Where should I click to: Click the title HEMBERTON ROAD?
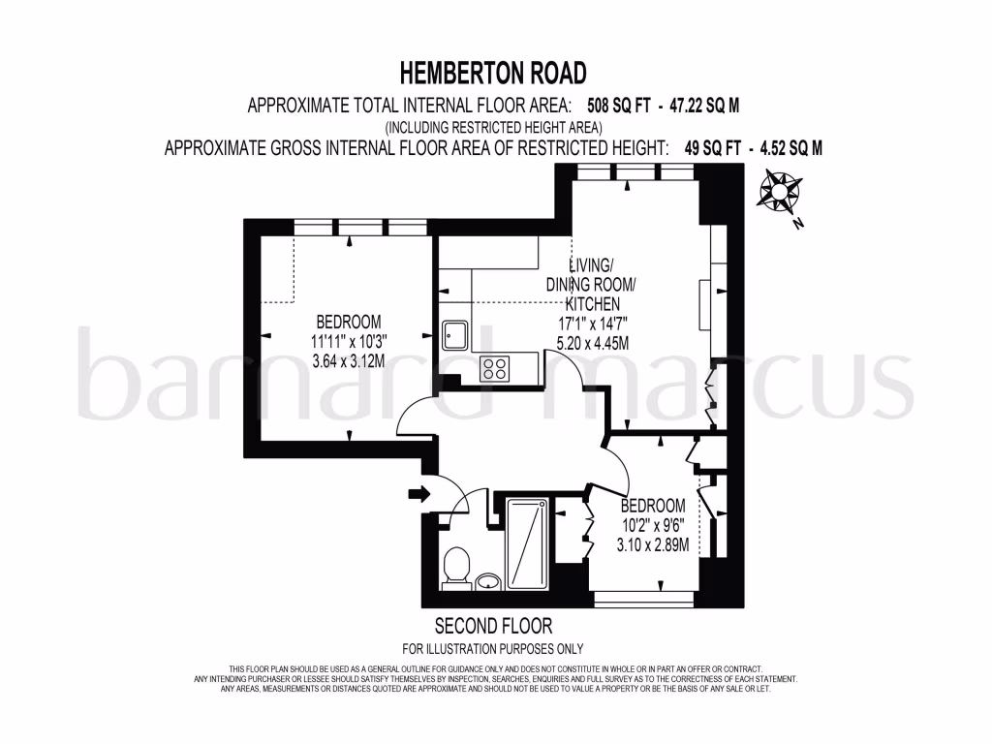[x=493, y=73]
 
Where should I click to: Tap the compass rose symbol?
[x=778, y=190]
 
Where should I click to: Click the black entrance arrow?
[x=418, y=495]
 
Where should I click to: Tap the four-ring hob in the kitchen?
[x=496, y=367]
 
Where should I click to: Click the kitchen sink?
[x=453, y=335]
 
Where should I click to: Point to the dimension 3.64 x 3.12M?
[x=348, y=358]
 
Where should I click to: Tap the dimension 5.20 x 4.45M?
[x=593, y=342]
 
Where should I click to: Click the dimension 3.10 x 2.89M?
[x=654, y=544]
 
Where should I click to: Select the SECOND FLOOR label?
[x=493, y=626]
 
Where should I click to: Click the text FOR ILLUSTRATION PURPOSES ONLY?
[x=493, y=649]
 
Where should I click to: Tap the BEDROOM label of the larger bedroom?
[x=348, y=322]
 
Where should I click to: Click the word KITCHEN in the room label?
[x=593, y=304]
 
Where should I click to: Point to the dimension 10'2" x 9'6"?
[x=654, y=525]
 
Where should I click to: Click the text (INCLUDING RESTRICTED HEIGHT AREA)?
[x=493, y=127]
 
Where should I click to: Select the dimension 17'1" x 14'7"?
[x=593, y=324]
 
